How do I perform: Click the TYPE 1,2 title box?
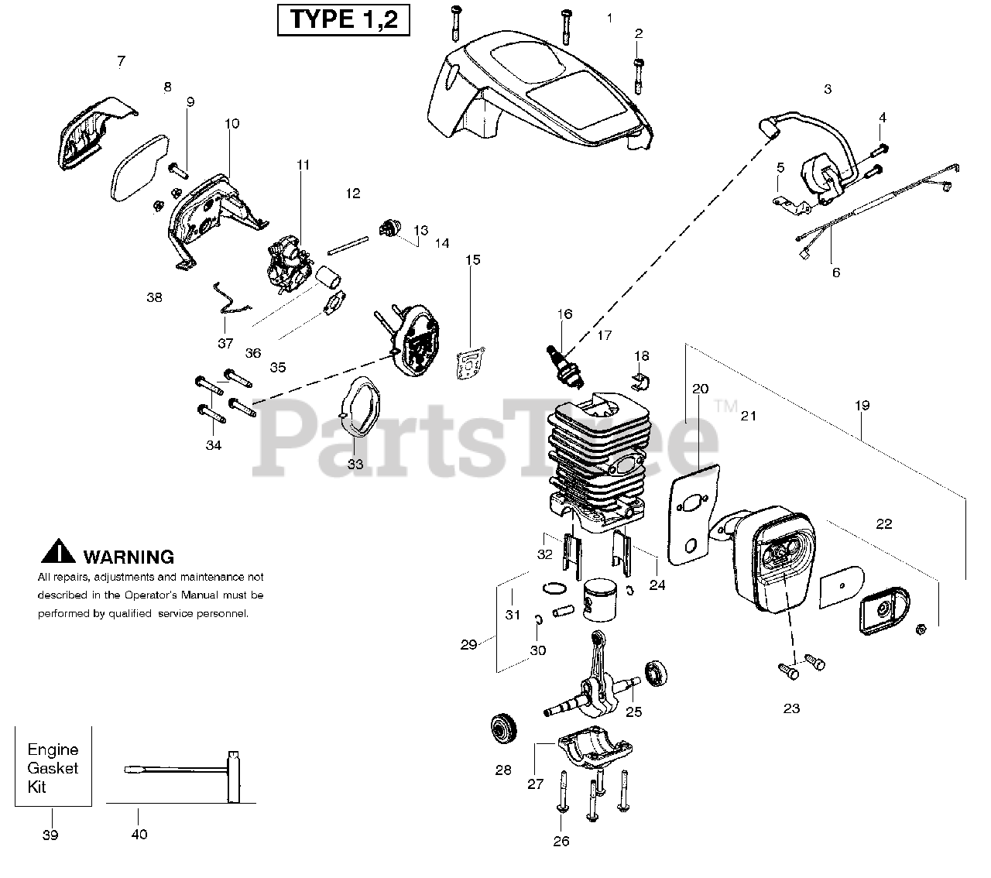343,19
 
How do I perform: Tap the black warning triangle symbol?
58,552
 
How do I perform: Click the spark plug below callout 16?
568,366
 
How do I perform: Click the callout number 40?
139,834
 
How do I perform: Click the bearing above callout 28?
504,730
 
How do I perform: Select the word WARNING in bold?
128,556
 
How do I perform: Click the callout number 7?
121,60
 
